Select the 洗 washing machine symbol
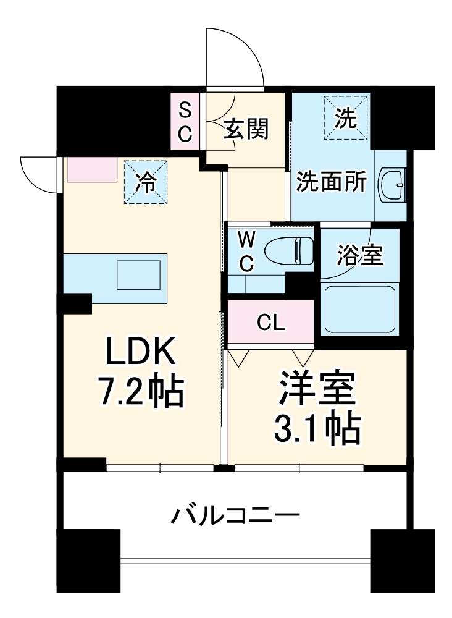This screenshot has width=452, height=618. tap(346, 117)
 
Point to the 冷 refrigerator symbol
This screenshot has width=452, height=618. tap(146, 182)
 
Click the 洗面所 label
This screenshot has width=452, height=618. tap(332, 182)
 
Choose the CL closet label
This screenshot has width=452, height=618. tap(271, 322)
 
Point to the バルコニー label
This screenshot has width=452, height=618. tap(236, 514)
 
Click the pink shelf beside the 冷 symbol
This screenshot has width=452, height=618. tap(92, 169)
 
